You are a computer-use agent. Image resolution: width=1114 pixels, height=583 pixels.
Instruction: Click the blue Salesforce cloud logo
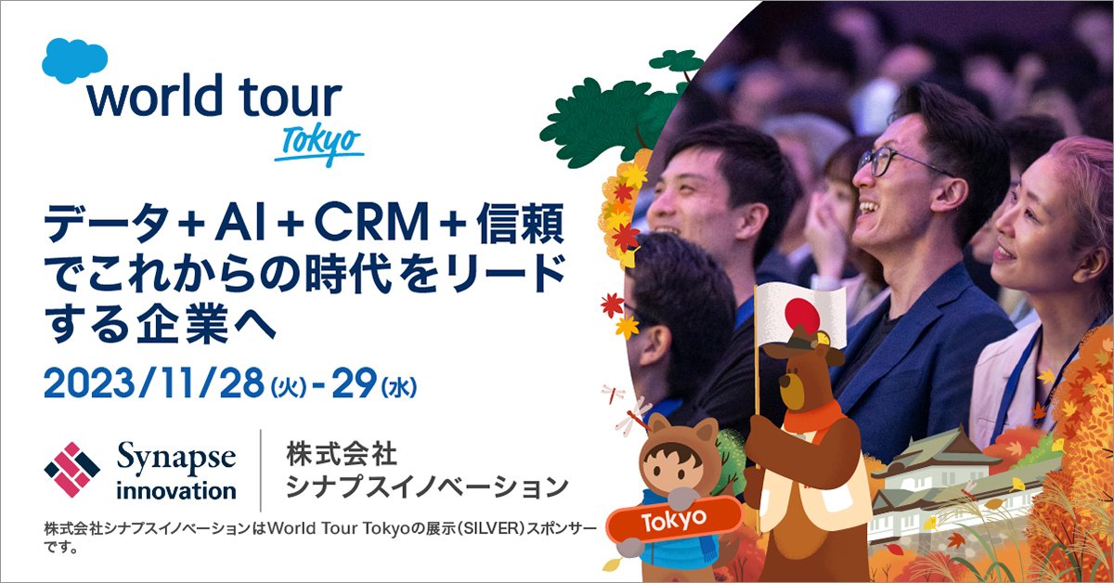(x=74, y=60)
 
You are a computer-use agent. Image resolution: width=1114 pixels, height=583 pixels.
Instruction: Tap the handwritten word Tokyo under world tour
(x=319, y=145)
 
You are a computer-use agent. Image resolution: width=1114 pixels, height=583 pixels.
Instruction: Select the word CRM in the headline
(x=371, y=224)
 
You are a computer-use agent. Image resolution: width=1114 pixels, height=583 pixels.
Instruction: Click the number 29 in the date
(x=354, y=383)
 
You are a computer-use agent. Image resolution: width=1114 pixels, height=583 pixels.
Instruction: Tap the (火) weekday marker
(x=289, y=387)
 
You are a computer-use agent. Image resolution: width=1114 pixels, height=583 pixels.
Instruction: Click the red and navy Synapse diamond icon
(x=72, y=470)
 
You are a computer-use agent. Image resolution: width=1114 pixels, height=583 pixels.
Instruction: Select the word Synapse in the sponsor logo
(x=176, y=459)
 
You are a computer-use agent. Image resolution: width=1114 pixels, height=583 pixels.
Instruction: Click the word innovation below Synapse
(x=176, y=490)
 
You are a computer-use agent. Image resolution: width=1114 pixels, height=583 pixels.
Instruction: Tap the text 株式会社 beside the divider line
(x=342, y=455)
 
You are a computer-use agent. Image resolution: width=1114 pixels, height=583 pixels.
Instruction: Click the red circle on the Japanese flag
(x=802, y=315)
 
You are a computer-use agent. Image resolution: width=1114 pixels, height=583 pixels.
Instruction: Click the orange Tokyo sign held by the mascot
(x=674, y=520)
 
